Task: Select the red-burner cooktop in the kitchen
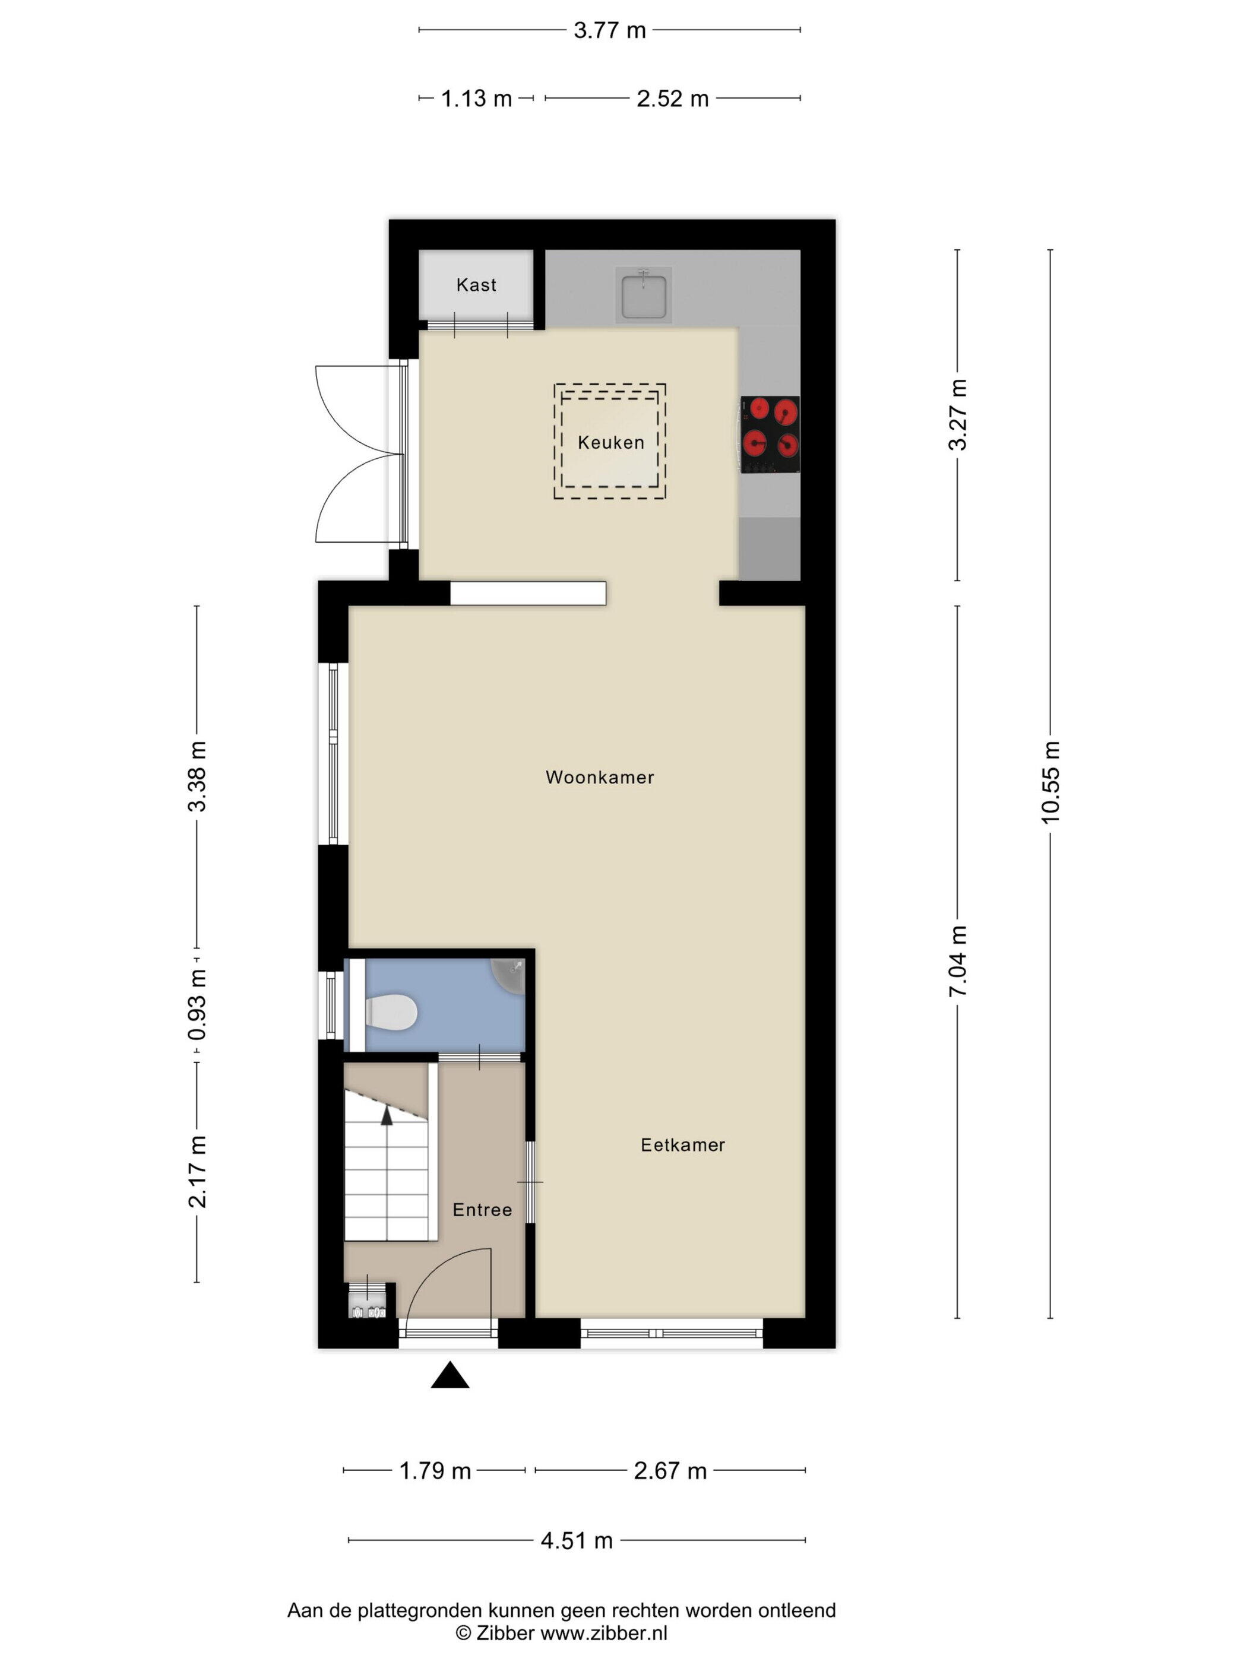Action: tap(770, 434)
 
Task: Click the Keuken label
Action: tap(610, 443)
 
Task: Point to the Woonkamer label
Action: tap(600, 777)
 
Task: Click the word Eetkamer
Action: tap(682, 1144)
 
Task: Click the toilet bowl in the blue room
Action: tap(390, 1011)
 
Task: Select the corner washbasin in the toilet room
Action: tap(509, 975)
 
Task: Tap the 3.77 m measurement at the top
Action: tap(610, 30)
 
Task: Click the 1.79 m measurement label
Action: tap(435, 1470)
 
